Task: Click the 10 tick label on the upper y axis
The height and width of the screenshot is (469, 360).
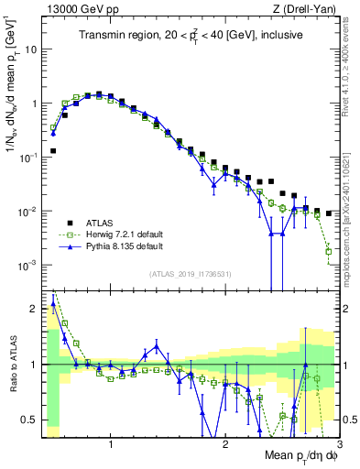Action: tap(29, 49)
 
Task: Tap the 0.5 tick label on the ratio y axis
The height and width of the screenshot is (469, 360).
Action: tap(29, 420)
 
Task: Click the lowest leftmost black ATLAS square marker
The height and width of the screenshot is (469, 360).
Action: tap(53, 150)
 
